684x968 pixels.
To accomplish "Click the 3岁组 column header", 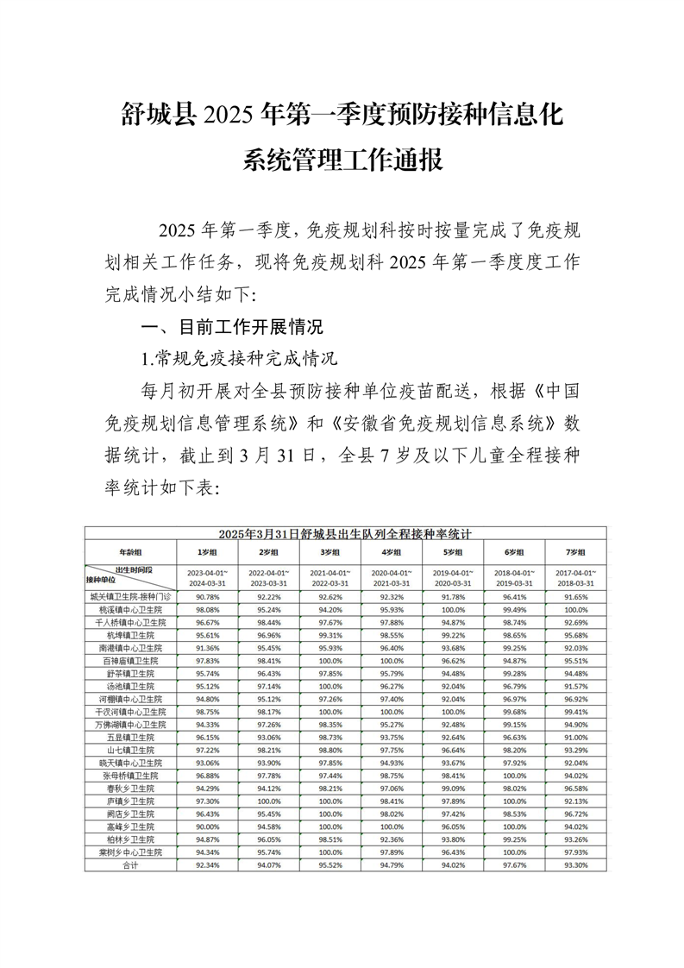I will coord(329,551).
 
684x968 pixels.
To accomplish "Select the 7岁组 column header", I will coord(575,551).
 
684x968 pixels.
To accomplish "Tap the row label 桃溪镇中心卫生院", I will coord(130,609).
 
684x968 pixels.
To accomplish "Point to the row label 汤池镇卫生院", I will coord(130,687).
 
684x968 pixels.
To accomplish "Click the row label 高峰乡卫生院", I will coord(130,827).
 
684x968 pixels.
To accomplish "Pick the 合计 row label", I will coord(130,865).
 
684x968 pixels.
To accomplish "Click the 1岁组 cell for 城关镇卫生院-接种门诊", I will coord(205,596).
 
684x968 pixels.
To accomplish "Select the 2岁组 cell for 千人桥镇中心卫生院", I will coord(267,622).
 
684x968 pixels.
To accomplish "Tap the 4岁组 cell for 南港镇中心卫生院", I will coord(391,647).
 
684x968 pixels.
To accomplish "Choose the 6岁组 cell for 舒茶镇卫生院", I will coord(514,673).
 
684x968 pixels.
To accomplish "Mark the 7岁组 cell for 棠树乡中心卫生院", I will coord(575,852).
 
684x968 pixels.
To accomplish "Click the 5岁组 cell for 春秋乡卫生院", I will coord(453,789).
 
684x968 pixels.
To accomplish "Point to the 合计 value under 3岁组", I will coord(329,865).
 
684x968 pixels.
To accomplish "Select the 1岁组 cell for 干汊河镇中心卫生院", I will coord(205,712).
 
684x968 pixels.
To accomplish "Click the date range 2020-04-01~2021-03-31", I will coord(391,577).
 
